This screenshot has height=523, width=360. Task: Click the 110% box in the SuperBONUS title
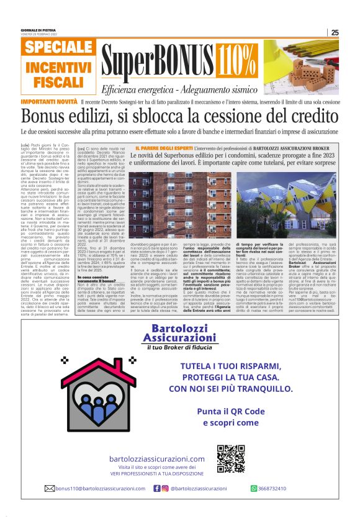237,60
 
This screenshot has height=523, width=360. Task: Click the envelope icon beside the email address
49,488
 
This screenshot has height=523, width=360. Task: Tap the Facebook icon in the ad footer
156,488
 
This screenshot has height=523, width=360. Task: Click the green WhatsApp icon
254,488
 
